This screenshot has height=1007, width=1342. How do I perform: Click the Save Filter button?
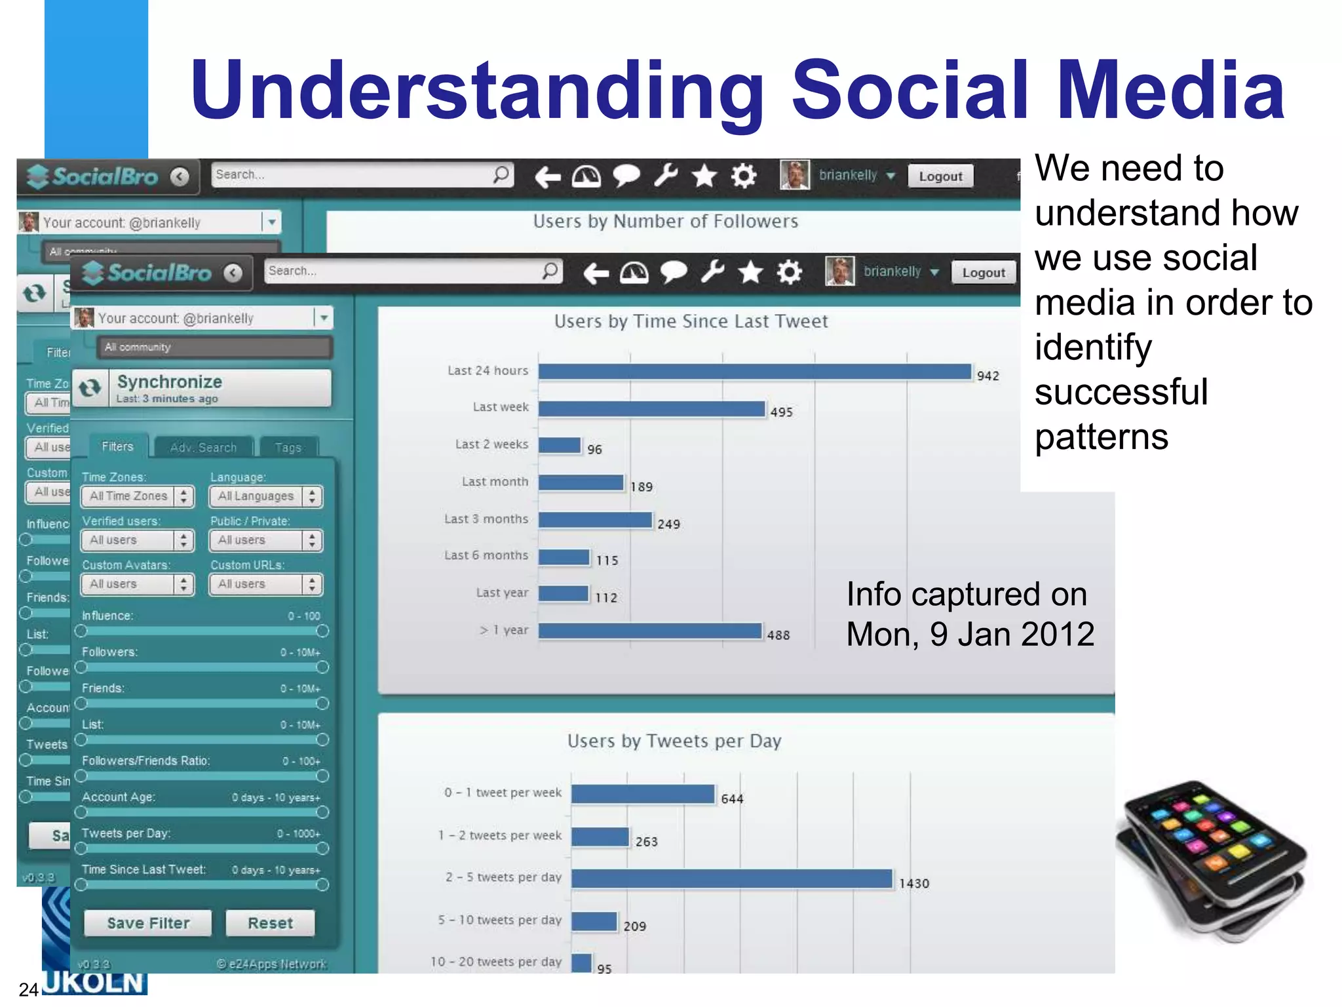click(x=147, y=923)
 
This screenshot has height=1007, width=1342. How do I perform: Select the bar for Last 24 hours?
click(x=754, y=372)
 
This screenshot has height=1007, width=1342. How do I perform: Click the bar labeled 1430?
click(x=731, y=879)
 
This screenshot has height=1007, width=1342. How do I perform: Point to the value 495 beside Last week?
click(x=781, y=412)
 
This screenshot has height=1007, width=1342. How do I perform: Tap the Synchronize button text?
click(x=169, y=382)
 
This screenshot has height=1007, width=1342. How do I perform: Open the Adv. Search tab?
click(x=203, y=448)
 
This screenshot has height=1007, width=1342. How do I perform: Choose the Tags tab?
click(x=288, y=448)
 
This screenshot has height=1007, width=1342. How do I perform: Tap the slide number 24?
click(x=28, y=989)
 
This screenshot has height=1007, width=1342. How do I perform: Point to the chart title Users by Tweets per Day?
click(x=674, y=741)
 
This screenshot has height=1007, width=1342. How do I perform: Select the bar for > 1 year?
click(x=649, y=631)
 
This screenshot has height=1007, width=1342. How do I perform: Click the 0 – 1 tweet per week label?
click(x=503, y=793)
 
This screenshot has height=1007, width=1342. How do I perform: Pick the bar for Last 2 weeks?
click(x=560, y=446)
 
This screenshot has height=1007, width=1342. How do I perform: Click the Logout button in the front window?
click(x=983, y=273)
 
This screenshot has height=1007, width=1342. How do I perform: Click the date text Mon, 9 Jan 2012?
click(x=970, y=635)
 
